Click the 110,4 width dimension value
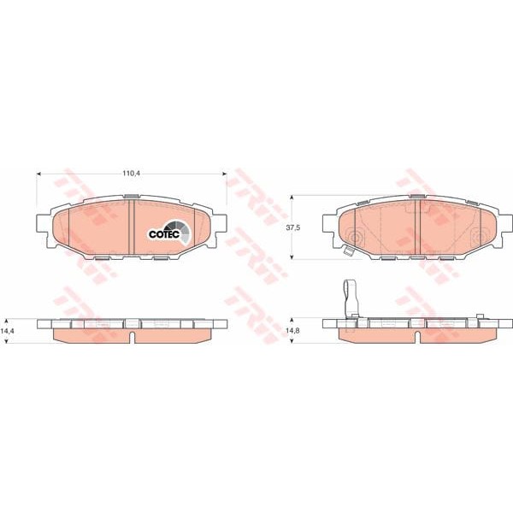(x=131, y=174)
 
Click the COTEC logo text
(x=162, y=233)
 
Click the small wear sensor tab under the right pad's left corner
(x=347, y=251)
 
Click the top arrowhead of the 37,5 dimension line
(x=293, y=197)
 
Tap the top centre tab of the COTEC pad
(x=131, y=198)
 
